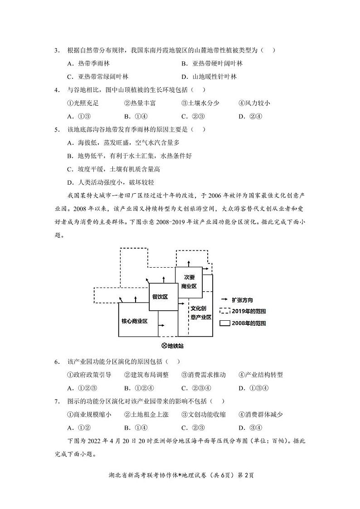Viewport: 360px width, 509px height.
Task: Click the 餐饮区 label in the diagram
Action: (159, 296)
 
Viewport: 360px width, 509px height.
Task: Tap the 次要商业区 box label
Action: (189, 281)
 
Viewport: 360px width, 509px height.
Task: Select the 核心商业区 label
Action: (135, 321)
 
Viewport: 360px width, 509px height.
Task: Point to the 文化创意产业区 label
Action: (201, 313)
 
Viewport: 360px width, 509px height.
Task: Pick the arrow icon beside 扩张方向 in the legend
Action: (224, 300)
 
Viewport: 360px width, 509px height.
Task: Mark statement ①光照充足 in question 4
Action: (83, 103)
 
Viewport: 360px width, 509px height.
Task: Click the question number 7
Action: (57, 401)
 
